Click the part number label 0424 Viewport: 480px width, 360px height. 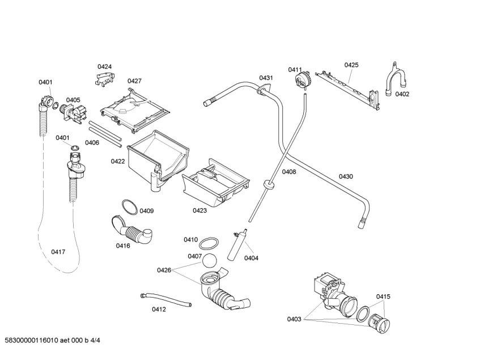coord(105,67)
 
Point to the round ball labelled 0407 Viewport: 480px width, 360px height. coord(209,261)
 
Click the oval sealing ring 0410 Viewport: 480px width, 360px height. coord(209,243)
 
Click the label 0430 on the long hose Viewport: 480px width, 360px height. coord(346,176)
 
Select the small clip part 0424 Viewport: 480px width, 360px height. coord(105,79)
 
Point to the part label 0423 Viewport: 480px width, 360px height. coord(199,210)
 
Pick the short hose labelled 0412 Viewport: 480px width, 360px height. coord(166,300)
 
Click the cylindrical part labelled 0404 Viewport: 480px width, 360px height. coord(237,245)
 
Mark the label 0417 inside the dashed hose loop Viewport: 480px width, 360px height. coord(58,252)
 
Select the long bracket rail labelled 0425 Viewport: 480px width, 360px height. coord(347,90)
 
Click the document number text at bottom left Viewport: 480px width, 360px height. coord(52,340)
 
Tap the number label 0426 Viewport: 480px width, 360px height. coord(164,270)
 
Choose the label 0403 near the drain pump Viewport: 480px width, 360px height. coord(294,319)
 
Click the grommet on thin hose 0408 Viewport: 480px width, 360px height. coord(269,185)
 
